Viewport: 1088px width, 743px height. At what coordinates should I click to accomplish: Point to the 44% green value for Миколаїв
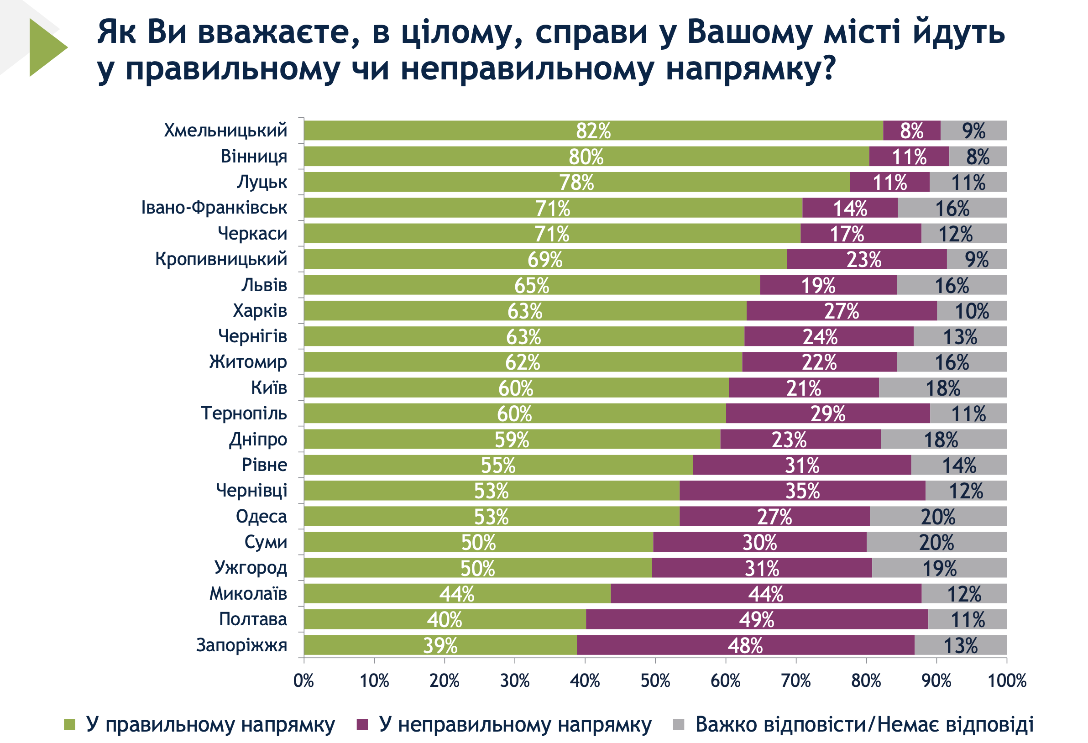tap(456, 594)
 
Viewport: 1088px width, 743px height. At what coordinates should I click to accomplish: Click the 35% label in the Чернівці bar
tap(802, 491)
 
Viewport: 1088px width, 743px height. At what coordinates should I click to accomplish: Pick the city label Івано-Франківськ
tap(214, 207)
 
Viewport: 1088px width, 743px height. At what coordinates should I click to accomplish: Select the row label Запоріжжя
tap(241, 645)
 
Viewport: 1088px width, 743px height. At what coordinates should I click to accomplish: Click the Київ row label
tap(269, 387)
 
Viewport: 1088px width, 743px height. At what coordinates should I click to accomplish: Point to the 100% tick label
tap(1007, 681)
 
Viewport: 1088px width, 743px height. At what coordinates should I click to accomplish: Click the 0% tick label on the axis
tap(303, 681)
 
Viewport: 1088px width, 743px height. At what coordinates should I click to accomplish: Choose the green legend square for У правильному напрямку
tap(69, 725)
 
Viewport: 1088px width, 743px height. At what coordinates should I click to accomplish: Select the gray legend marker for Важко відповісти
tap(678, 725)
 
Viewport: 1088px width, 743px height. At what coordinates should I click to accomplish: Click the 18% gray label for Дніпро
tap(941, 440)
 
